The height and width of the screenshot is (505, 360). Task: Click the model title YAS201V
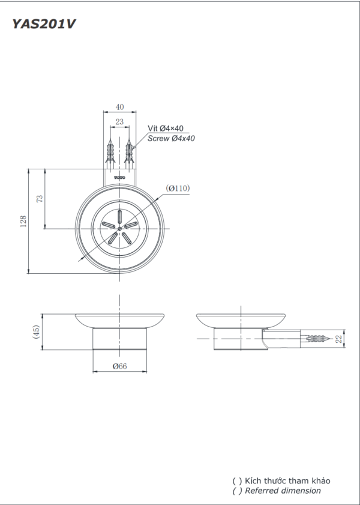point(44,24)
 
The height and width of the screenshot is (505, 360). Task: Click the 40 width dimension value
point(119,107)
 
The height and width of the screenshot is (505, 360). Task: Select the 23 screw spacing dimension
point(119,122)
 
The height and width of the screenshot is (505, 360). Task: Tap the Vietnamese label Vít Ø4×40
point(166,128)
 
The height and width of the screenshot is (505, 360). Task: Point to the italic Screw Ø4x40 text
point(171,139)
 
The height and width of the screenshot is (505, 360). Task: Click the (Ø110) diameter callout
point(178,188)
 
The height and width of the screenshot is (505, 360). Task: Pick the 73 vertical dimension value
point(40,199)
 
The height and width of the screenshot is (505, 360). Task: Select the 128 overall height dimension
point(23,222)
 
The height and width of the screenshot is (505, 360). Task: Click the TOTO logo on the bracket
point(119,178)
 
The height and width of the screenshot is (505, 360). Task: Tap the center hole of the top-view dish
point(119,228)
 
